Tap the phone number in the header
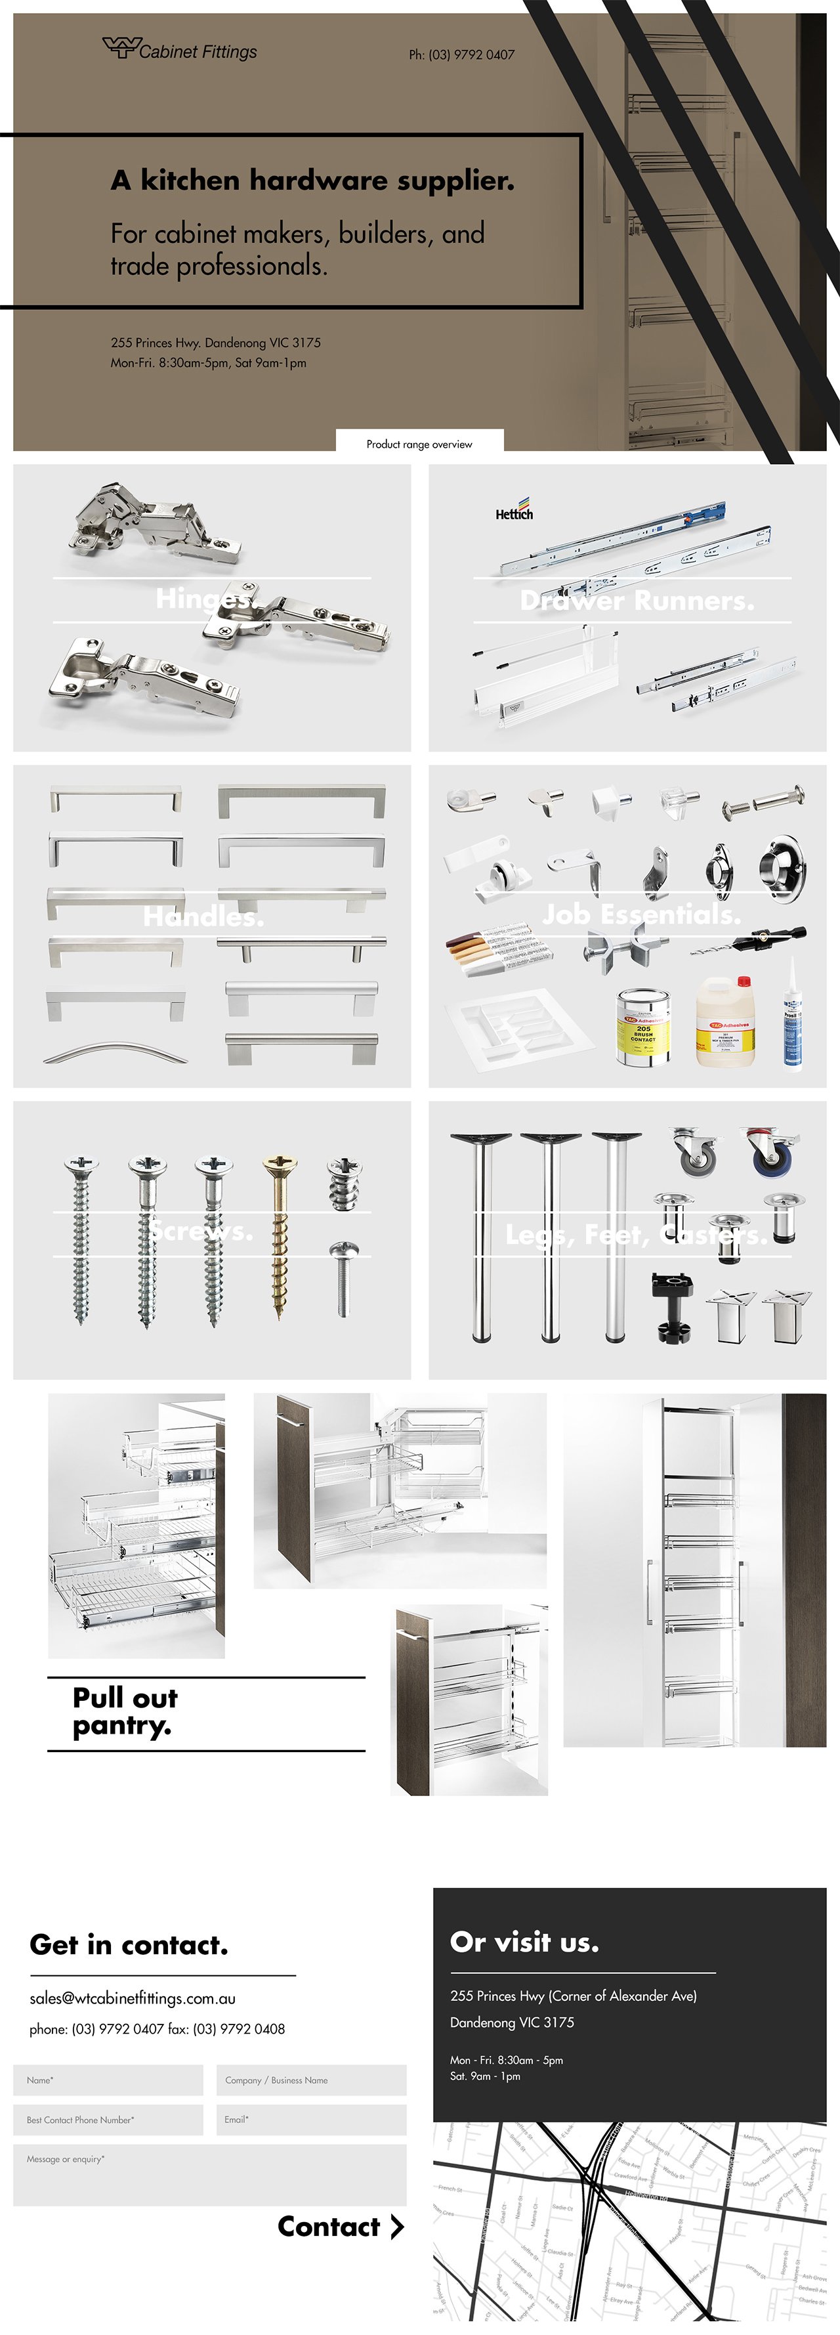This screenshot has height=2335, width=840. [461, 55]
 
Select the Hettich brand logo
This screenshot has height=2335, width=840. [514, 510]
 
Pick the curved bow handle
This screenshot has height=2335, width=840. [115, 1054]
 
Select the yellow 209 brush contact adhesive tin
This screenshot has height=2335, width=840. [643, 1027]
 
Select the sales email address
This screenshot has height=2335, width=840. [133, 1998]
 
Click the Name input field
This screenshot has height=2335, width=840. [108, 2080]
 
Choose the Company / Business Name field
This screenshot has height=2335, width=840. [311, 2080]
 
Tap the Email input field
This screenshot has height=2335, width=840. [311, 2119]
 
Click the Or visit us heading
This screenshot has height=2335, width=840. [524, 1942]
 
